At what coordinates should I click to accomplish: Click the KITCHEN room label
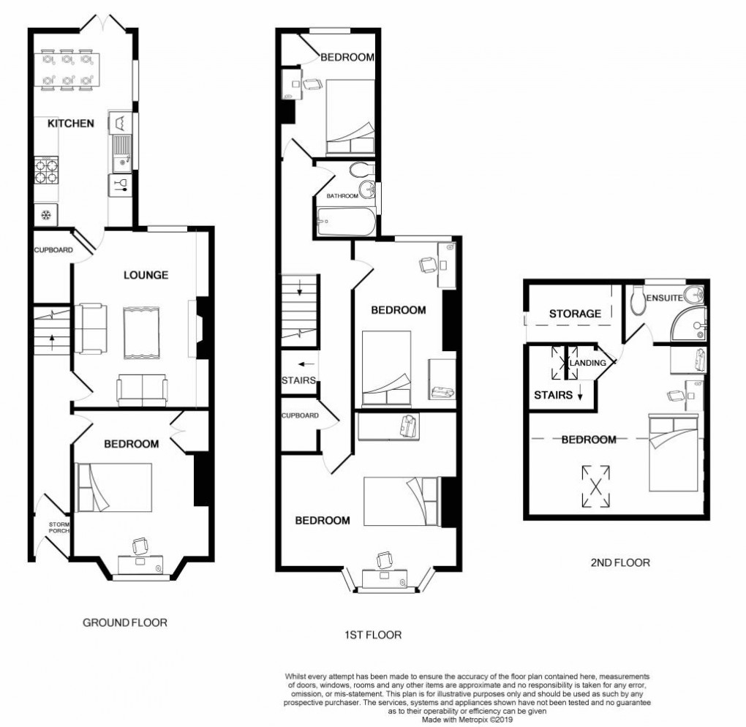pos(70,124)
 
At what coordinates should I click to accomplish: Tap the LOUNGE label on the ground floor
pos(146,275)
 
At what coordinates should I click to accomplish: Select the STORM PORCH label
pos(59,527)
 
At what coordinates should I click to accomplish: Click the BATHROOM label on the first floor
pos(342,196)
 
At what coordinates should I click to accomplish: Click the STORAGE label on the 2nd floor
pos(575,314)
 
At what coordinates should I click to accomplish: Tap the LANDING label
pos(589,363)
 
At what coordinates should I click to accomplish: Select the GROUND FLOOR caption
pos(124,623)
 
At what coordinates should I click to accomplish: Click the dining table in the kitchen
pos(67,68)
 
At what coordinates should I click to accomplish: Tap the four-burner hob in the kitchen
pos(45,170)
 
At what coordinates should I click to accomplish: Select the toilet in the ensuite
pos(639,300)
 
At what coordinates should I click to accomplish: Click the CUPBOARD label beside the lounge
pos(53,250)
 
